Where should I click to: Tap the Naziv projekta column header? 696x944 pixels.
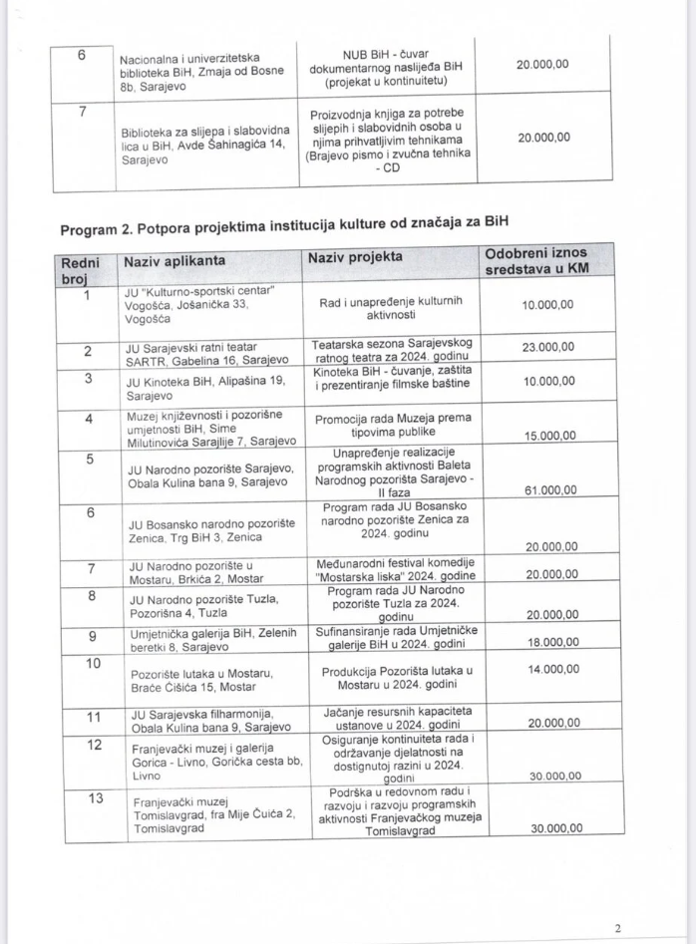click(x=355, y=257)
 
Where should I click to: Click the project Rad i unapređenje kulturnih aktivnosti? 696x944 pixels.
click(x=390, y=309)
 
